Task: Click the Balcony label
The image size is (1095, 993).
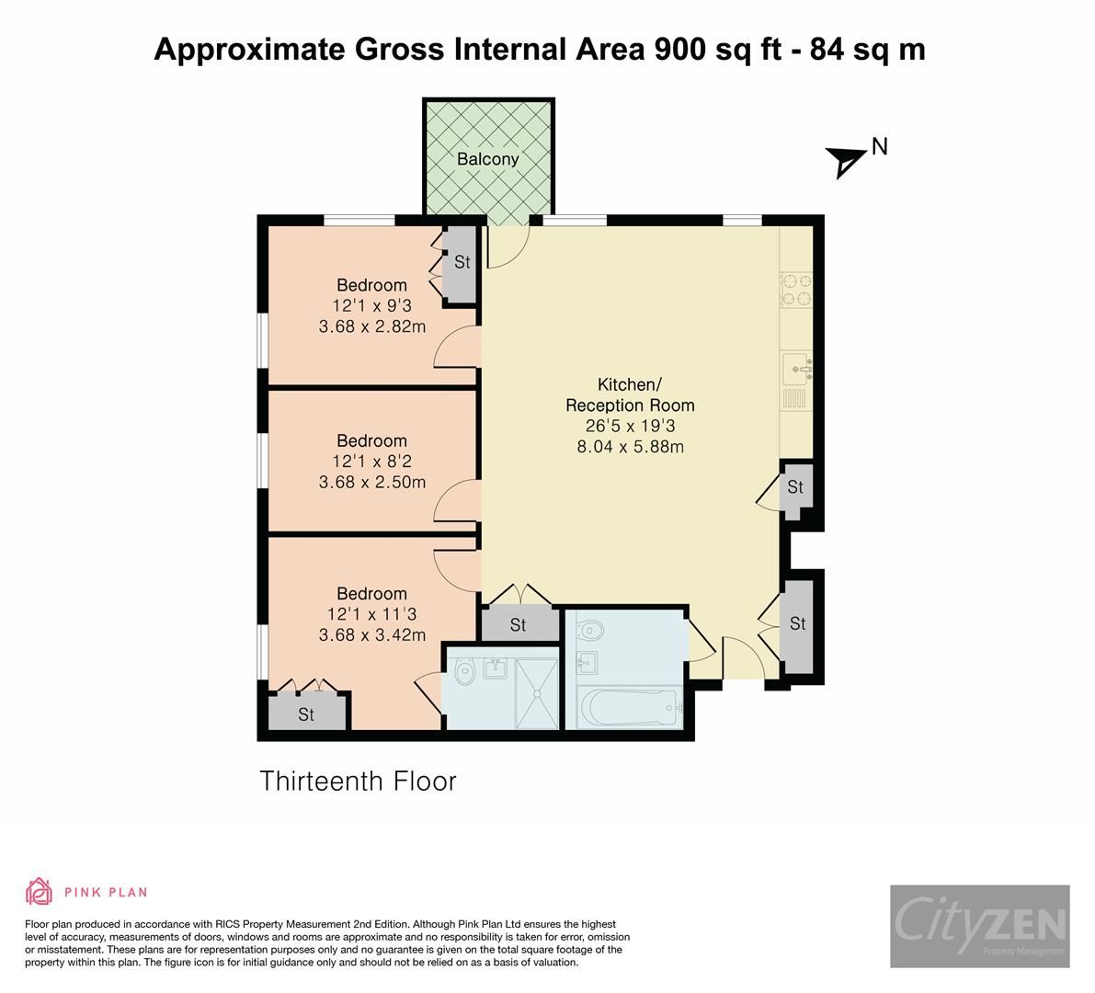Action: coord(487,159)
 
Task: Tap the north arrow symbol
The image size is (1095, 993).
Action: coord(845,162)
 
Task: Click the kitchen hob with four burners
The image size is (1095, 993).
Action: coord(796,290)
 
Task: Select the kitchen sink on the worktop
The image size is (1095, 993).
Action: coord(797,369)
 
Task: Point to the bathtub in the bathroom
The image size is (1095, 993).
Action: coord(630,707)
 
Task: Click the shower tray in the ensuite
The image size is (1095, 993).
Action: coord(537,692)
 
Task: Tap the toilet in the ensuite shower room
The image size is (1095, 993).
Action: coord(464,673)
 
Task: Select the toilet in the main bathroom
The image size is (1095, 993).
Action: coord(589,632)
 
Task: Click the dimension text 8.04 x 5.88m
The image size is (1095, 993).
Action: coord(630,446)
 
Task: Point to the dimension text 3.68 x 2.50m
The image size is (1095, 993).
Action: coord(372,482)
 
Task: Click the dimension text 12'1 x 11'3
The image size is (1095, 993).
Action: coord(372,614)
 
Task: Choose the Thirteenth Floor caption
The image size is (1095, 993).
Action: coord(358,781)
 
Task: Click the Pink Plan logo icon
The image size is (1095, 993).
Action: coord(40,891)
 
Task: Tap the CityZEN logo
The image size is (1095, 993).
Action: coord(980,926)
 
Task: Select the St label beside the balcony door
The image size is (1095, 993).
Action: coord(462,262)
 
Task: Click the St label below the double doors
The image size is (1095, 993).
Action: coord(518,625)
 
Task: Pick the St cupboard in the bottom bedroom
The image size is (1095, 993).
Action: coord(307,713)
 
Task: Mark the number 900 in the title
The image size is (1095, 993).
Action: coord(679,50)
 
